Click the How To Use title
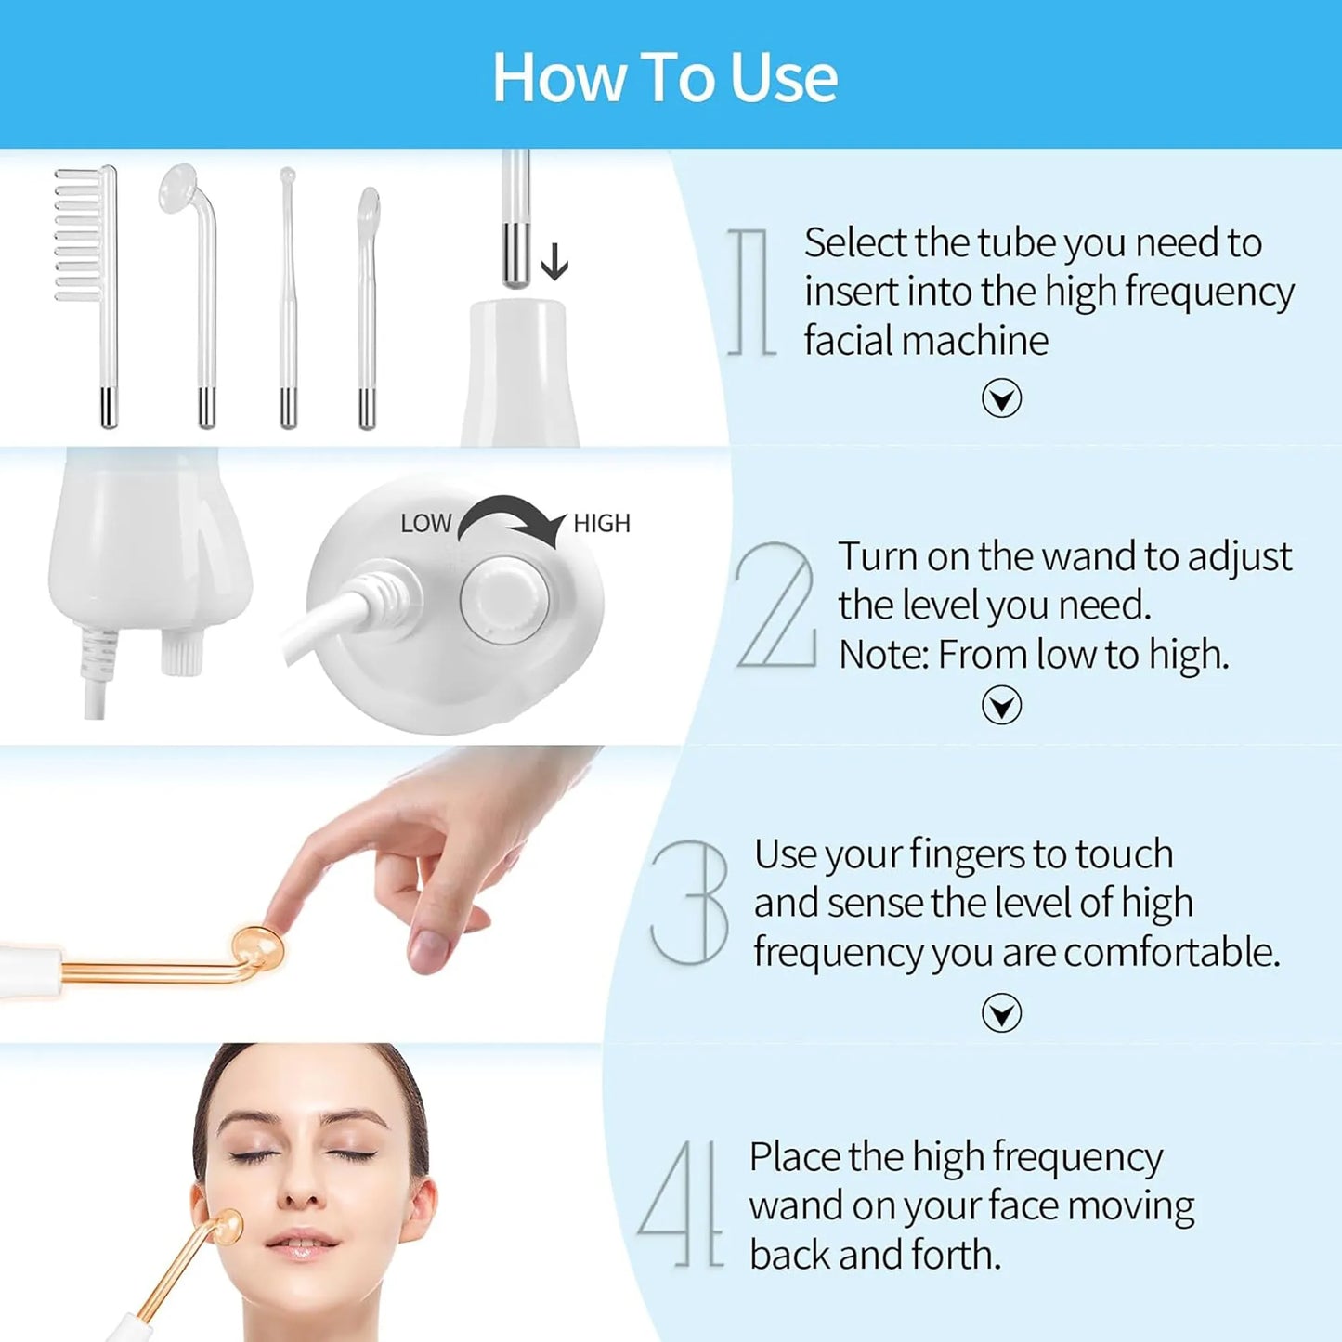(665, 77)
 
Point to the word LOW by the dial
(425, 524)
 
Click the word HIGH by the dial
(602, 524)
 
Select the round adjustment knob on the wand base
(504, 600)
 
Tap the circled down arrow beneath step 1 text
(1001, 398)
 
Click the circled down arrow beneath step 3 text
(1001, 1012)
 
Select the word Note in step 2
(881, 655)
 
